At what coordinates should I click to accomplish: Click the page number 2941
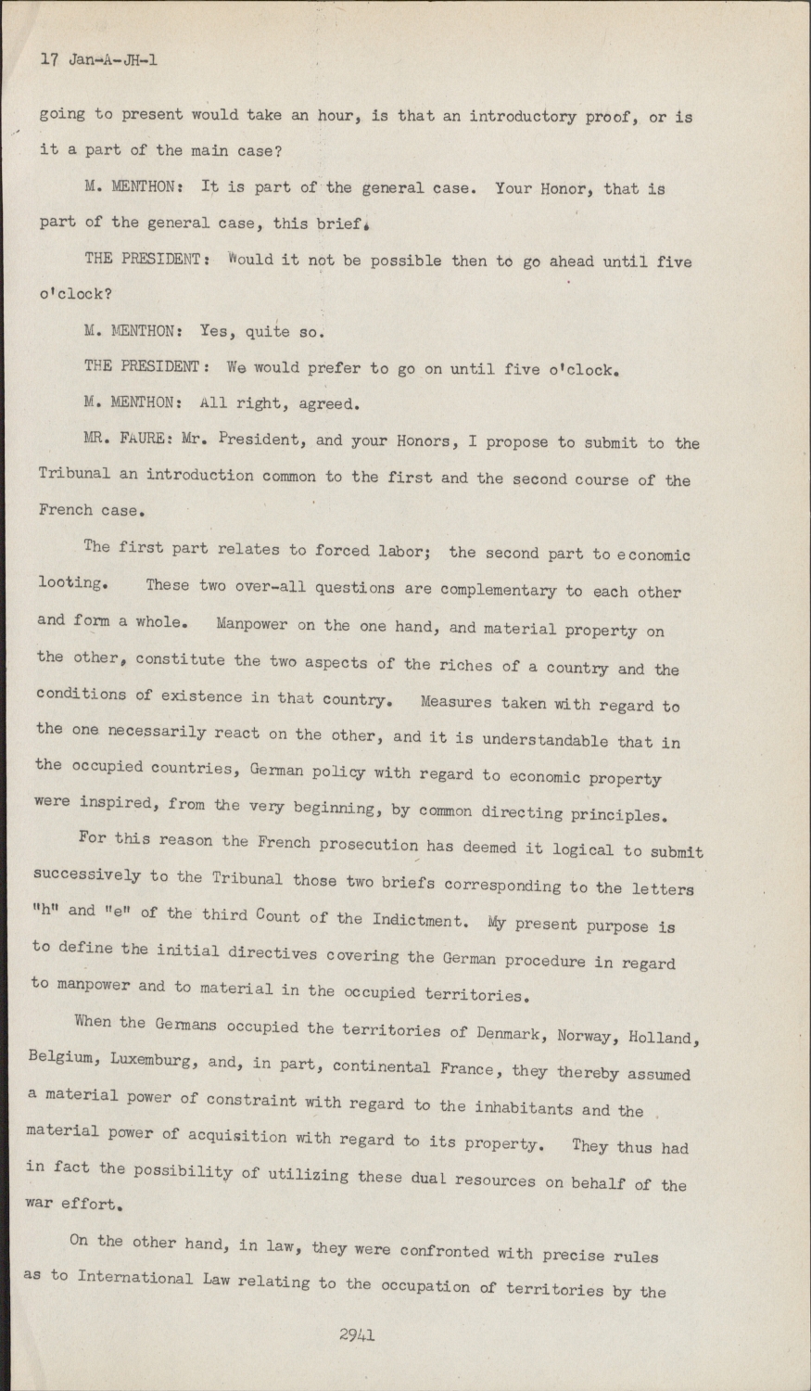tap(356, 1335)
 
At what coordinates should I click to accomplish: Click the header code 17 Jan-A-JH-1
tap(99, 60)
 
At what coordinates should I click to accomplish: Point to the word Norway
tap(592, 1034)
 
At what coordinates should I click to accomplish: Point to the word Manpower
tap(252, 623)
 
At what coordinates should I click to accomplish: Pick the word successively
tap(86, 874)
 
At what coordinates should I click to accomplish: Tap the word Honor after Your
tap(563, 188)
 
